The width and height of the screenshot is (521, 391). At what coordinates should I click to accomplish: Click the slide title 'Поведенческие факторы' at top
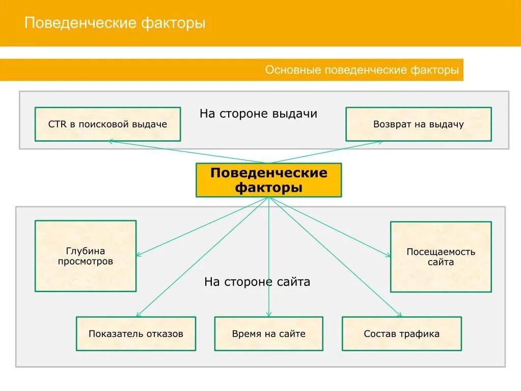(x=115, y=23)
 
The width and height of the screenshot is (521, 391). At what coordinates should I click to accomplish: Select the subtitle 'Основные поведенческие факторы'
(x=362, y=70)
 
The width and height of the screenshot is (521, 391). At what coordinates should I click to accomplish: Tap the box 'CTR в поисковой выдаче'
(x=107, y=124)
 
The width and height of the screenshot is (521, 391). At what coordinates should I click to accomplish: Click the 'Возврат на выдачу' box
(x=418, y=124)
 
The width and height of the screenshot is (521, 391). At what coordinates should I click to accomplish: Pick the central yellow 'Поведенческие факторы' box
(x=268, y=180)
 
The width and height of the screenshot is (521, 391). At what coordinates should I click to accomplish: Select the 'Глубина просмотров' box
(x=85, y=256)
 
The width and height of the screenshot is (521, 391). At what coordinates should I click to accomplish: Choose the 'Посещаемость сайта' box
(x=441, y=256)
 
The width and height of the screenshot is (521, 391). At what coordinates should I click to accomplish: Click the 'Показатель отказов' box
(x=135, y=334)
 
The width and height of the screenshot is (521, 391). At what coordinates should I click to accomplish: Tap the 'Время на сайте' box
(x=268, y=334)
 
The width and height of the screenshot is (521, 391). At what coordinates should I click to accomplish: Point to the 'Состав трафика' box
(x=401, y=334)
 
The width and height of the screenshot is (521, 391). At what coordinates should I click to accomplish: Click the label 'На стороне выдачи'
(x=258, y=113)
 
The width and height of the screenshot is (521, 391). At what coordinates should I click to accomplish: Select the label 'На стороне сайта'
(x=257, y=281)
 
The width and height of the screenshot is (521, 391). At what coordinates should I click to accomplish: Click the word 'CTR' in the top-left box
(x=57, y=124)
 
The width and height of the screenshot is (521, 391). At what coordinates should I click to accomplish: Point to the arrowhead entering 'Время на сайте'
(x=269, y=314)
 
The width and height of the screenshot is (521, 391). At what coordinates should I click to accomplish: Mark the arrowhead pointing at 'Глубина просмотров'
(x=139, y=254)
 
